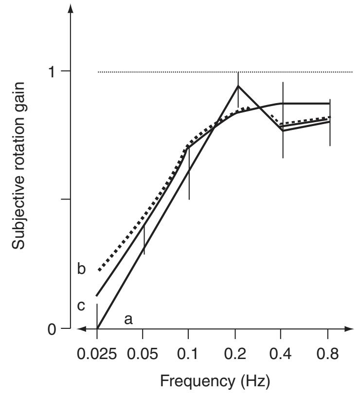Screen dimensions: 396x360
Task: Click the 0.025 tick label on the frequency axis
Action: (97, 352)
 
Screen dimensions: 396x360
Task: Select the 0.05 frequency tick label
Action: (143, 352)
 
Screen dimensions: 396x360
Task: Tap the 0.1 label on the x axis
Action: (188, 352)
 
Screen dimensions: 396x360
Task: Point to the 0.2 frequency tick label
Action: (235, 352)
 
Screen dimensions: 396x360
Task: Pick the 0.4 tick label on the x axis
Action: (282, 352)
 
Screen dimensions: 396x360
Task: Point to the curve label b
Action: (81, 269)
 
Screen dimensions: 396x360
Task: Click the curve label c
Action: (81, 306)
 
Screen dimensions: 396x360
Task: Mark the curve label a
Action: (128, 319)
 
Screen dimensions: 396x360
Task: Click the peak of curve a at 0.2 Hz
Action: (238, 86)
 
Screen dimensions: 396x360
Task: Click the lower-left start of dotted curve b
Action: (99, 270)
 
